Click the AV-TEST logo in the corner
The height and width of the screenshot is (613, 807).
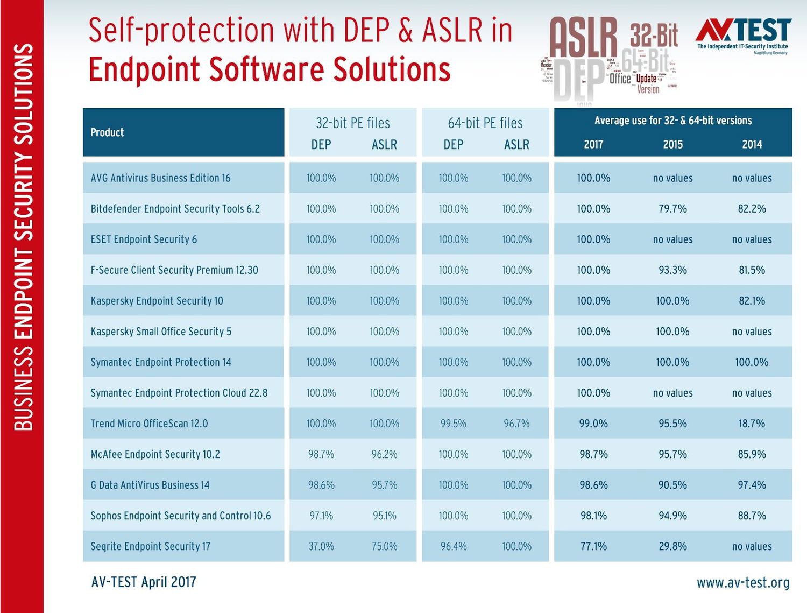743,34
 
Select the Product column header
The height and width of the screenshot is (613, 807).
107,132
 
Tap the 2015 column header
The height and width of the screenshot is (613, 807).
672,144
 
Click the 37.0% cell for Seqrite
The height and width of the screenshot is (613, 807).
321,546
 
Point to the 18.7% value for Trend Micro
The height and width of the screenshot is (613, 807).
752,424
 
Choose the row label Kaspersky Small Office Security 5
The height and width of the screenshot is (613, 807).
161,332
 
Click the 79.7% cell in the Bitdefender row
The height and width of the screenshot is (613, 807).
672,209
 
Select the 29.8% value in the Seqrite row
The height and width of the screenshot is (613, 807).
672,546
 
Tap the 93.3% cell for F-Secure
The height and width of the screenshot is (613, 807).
672,270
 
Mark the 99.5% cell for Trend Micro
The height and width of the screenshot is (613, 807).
454,424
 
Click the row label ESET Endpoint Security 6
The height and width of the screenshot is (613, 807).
144,239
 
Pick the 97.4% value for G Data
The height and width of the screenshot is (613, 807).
752,485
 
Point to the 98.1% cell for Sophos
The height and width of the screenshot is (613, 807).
593,516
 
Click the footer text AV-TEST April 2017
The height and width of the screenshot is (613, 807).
144,582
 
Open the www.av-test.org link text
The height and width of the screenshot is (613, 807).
743,583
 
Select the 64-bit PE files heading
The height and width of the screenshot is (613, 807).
485,123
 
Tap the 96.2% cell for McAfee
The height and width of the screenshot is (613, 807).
384,454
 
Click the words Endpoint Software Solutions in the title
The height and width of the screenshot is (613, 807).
269,69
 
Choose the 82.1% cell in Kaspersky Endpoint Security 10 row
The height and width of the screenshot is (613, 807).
752,301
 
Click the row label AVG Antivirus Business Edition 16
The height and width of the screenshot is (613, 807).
160,178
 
